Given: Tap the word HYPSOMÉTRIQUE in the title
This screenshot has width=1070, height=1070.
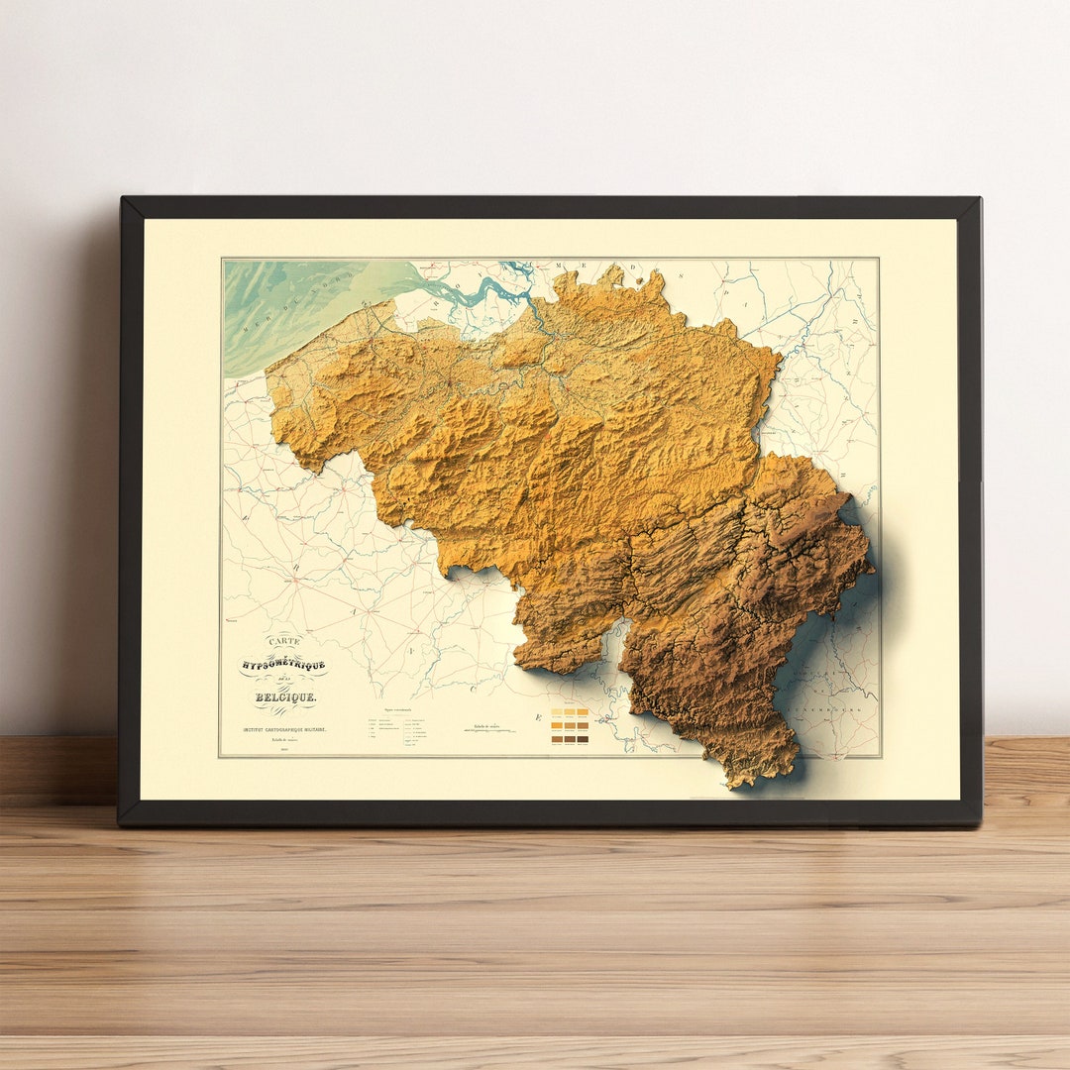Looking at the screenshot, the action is pyautogui.click(x=282, y=666).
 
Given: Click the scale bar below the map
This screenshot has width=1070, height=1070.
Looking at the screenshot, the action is pyautogui.click(x=489, y=731).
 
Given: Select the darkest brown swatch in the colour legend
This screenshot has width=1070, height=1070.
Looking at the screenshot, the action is pyautogui.click(x=583, y=738).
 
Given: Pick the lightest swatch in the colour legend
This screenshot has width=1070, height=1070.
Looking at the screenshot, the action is pyautogui.click(x=557, y=711).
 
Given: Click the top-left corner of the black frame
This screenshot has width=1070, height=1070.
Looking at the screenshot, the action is pyautogui.click(x=123, y=199).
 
